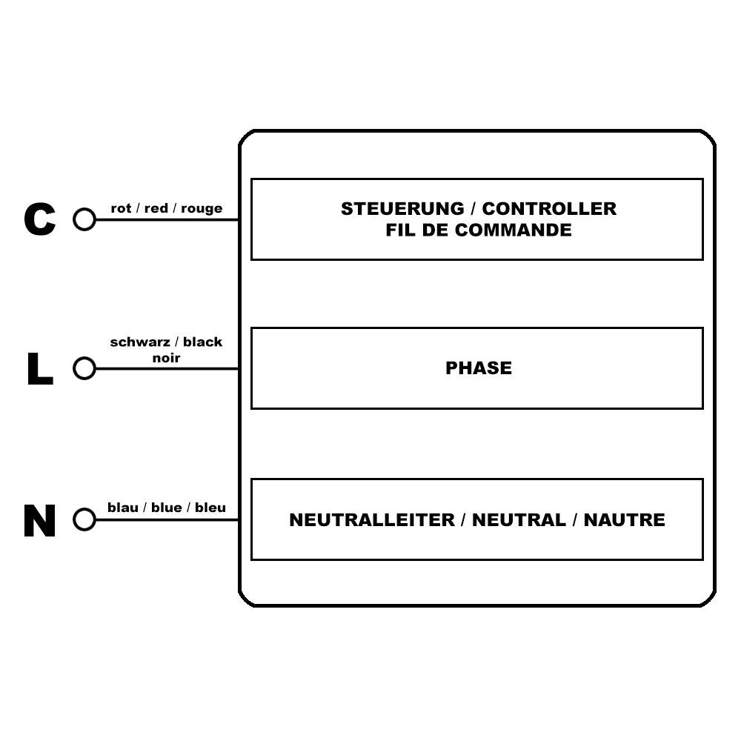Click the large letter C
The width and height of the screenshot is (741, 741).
[40, 219]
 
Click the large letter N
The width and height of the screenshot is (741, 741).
[40, 521]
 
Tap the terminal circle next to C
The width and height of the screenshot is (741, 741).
[84, 219]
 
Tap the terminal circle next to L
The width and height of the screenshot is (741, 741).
[84, 368]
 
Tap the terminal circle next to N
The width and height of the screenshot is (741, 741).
[84, 520]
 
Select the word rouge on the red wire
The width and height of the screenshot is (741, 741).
[202, 209]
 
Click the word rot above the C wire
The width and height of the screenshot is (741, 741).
[121, 209]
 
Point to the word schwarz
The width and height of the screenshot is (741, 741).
[140, 342]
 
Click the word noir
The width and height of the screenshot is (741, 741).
[166, 358]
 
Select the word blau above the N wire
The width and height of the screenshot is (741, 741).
[123, 508]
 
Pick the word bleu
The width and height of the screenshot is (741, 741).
[210, 508]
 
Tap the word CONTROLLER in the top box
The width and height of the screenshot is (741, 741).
[554, 209]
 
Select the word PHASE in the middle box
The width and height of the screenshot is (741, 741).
[478, 368]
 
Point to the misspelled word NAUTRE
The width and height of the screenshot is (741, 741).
[624, 520]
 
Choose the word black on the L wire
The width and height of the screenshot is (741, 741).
[202, 342]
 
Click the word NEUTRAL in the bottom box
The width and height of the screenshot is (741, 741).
[519, 520]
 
